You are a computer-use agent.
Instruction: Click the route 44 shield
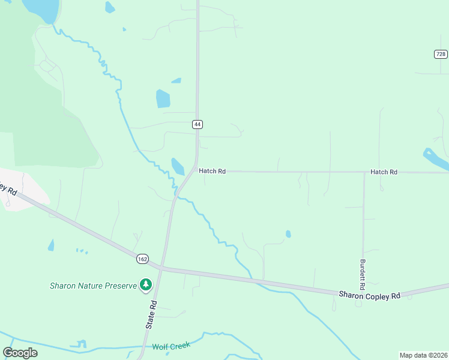pyautogui.click(x=197, y=124)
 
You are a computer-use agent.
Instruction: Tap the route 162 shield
pyautogui.click(x=142, y=259)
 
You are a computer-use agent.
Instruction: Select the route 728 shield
pyautogui.click(x=441, y=54)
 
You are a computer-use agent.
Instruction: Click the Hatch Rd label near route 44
pyautogui.click(x=212, y=171)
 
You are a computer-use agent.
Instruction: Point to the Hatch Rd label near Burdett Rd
pyautogui.click(x=384, y=172)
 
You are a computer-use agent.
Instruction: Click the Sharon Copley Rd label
pyautogui.click(x=369, y=295)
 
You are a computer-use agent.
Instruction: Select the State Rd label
pyautogui.click(x=152, y=314)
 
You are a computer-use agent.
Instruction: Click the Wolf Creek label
pyautogui.click(x=171, y=346)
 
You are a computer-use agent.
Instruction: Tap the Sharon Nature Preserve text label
pyautogui.click(x=93, y=286)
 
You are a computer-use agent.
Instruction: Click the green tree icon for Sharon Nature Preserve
pyautogui.click(x=145, y=284)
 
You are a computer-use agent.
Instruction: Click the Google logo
pyautogui.click(x=20, y=352)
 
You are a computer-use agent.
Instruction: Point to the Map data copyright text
pyautogui.click(x=423, y=355)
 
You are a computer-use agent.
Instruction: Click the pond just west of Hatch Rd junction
pyautogui.click(x=178, y=166)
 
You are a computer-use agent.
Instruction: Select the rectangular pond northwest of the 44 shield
pyautogui.click(x=163, y=98)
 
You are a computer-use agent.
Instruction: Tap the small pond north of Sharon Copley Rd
pyautogui.click(x=289, y=234)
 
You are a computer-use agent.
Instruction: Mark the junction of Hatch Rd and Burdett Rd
pyautogui.click(x=364, y=172)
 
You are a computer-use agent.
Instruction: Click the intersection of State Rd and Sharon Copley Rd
pyautogui.click(x=161, y=268)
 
